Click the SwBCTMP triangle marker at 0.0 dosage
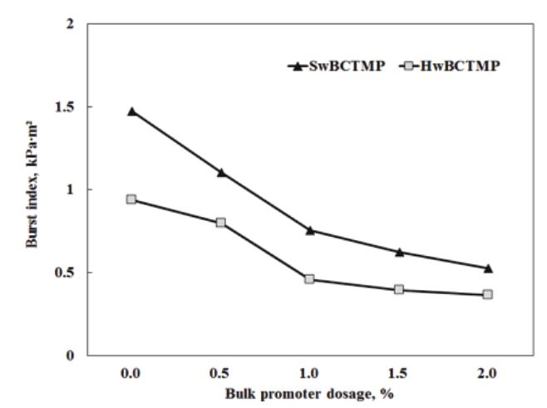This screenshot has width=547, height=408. click(x=131, y=111)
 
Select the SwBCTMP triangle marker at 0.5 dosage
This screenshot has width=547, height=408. click(x=221, y=172)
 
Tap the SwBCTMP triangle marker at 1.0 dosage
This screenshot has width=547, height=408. click(x=310, y=230)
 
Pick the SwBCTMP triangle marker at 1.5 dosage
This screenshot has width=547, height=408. click(x=399, y=252)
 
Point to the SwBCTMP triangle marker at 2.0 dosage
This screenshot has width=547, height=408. click(x=488, y=268)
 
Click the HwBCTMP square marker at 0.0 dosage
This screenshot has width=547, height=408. click(x=131, y=199)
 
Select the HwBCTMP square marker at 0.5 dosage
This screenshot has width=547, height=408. click(x=221, y=223)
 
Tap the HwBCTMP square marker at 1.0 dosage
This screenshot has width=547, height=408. click(x=310, y=279)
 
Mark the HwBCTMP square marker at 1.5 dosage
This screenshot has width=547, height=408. click(x=399, y=290)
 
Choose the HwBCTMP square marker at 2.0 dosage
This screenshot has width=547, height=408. click(x=488, y=294)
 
